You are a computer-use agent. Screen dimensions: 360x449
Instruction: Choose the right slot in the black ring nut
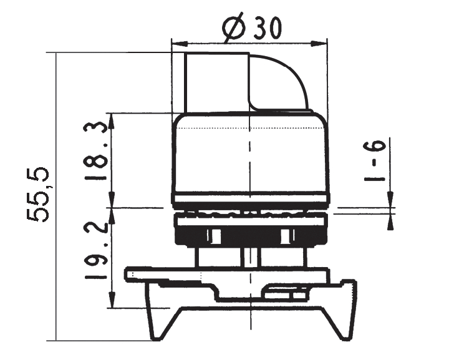286,236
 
